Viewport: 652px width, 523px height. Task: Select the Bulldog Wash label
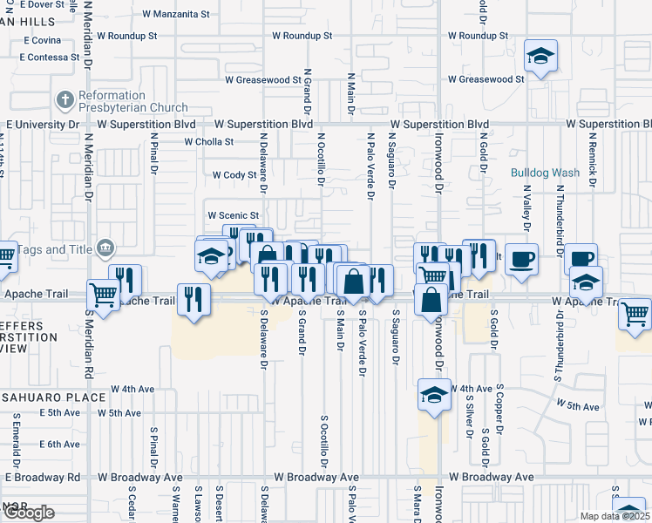[x=545, y=173]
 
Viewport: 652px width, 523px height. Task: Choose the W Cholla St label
[x=202, y=141]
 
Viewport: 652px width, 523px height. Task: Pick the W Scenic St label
[x=233, y=215]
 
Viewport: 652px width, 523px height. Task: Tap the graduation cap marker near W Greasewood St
[x=540, y=58]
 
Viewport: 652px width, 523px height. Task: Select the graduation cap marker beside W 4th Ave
[x=433, y=394]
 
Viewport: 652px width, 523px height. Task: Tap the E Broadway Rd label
[x=42, y=478]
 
